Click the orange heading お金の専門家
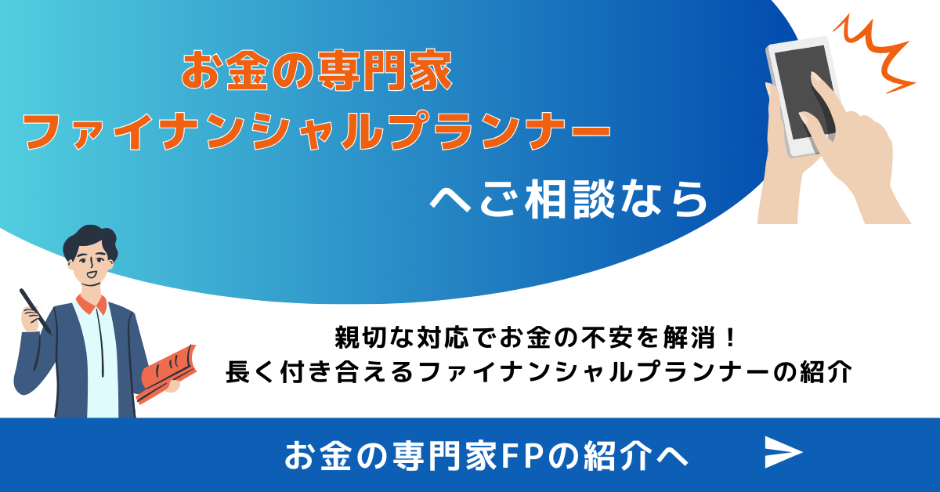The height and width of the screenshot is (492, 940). (x=316, y=70)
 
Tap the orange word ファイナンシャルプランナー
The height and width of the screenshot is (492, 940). (x=316, y=131)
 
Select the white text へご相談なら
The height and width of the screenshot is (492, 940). (x=569, y=200)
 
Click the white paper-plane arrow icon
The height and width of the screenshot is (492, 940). (x=783, y=452)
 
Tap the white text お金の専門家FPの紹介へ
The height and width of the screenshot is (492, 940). (x=486, y=455)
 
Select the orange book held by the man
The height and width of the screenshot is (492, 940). (x=167, y=374)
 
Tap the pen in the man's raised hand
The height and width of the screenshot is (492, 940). (x=35, y=311)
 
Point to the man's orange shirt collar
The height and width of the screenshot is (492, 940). (x=92, y=305)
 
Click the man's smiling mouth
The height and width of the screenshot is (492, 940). (x=92, y=276)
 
